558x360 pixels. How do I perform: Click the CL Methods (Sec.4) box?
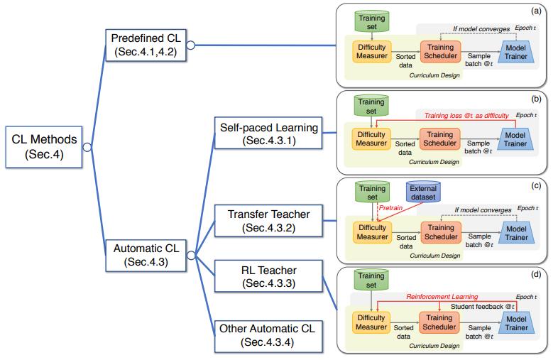(x=44, y=147)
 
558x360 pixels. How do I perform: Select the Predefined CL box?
(x=146, y=45)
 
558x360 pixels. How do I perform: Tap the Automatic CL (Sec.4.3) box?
(x=146, y=256)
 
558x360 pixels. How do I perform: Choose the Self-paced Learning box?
(x=268, y=133)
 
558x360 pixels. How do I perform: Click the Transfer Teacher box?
(x=268, y=221)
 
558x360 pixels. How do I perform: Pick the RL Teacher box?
(x=268, y=276)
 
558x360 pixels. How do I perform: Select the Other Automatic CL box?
(x=268, y=337)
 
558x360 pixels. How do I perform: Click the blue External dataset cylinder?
(x=423, y=192)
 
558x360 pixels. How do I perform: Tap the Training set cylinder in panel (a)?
(x=372, y=21)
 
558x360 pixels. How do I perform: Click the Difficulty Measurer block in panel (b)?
(x=371, y=139)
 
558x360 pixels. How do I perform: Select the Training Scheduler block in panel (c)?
(x=441, y=232)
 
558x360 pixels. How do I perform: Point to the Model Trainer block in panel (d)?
(x=516, y=323)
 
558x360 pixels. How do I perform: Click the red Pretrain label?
(x=390, y=208)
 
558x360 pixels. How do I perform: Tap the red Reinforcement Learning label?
(x=442, y=297)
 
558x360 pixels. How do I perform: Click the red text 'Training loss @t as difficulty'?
(x=466, y=115)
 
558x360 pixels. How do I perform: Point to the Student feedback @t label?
(x=483, y=307)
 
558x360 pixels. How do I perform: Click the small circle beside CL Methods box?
(x=87, y=147)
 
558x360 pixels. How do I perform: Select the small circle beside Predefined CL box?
(x=191, y=45)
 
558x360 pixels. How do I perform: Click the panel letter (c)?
(x=536, y=185)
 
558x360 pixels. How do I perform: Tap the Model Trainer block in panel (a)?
(x=515, y=52)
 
